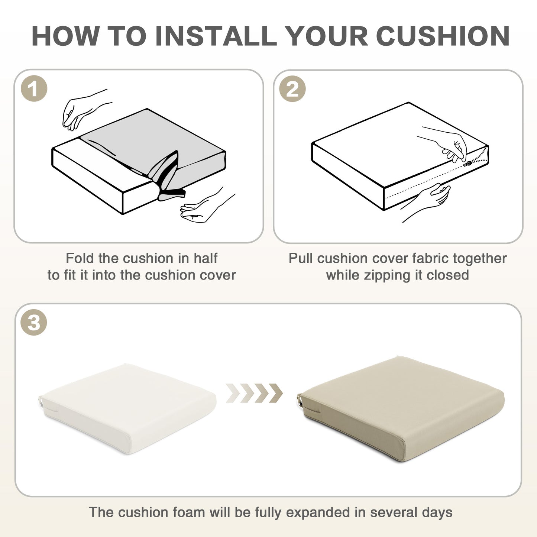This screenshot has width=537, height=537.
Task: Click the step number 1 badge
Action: [x=34, y=89]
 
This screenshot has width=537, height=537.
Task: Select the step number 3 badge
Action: [x=34, y=323]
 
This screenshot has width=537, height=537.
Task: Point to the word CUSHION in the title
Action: [x=443, y=36]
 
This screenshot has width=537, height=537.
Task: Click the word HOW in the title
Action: [x=65, y=36]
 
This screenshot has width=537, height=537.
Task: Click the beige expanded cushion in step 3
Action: [x=401, y=408]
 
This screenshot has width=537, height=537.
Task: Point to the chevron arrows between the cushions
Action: [x=254, y=393]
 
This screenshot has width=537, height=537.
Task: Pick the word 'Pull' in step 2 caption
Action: [x=301, y=258]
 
